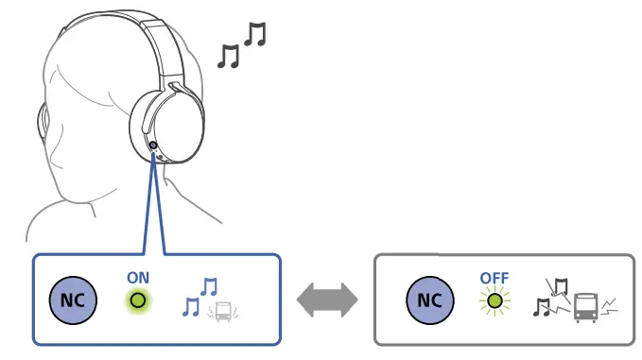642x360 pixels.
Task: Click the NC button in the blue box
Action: pos(71,301)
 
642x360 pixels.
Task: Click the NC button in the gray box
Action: pos(429,301)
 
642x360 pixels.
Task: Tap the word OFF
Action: pos(495,278)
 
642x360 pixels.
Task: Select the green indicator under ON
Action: pos(138,301)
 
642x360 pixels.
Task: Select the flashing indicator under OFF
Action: pos(494,301)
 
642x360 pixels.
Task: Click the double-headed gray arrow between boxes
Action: pos(327,301)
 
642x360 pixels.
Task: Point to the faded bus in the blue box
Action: pos(223,311)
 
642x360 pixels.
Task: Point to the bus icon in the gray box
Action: pos(585,305)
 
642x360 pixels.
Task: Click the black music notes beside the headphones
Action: pos(241,47)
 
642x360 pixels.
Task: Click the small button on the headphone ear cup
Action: pos(153,145)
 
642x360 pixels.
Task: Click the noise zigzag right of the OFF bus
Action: pos(611,304)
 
